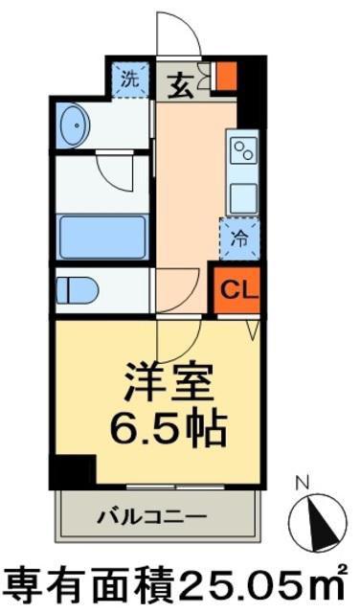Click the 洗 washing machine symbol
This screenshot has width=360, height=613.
click(x=130, y=79)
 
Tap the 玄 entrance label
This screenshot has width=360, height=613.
click(x=181, y=86)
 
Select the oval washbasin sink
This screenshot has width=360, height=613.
click(x=75, y=125)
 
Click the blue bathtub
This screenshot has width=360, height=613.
click(x=102, y=237)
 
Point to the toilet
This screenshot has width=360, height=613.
click(x=77, y=290)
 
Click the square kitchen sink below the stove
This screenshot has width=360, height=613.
click(x=243, y=199)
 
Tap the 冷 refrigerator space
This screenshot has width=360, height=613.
click(x=239, y=238)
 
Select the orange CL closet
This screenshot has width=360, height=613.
click(x=237, y=289)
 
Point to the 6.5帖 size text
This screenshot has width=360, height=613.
click(x=169, y=428)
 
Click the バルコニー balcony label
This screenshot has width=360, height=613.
click(x=151, y=517)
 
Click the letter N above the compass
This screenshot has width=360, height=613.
click(x=303, y=484)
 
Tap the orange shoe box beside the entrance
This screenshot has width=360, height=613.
click(x=226, y=76)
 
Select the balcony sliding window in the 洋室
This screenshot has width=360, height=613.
click(x=175, y=487)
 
